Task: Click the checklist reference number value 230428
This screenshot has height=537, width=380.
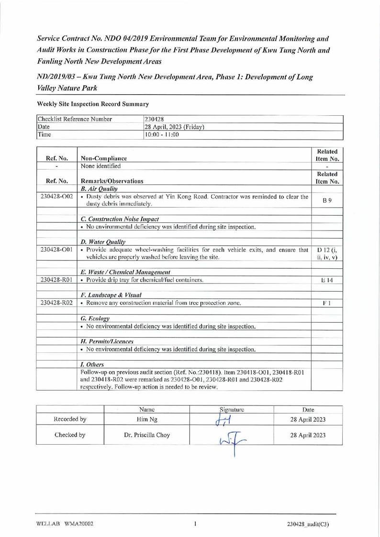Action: (155, 119)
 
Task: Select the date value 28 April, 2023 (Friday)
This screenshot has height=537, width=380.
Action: (174, 127)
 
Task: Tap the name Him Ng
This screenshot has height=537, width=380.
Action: (146, 420)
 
